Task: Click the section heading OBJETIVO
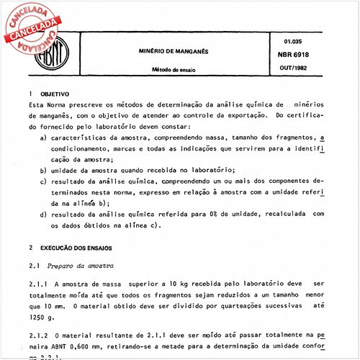coord(54,94)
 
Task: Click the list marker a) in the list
coord(44,137)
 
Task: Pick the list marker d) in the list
coord(44,214)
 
